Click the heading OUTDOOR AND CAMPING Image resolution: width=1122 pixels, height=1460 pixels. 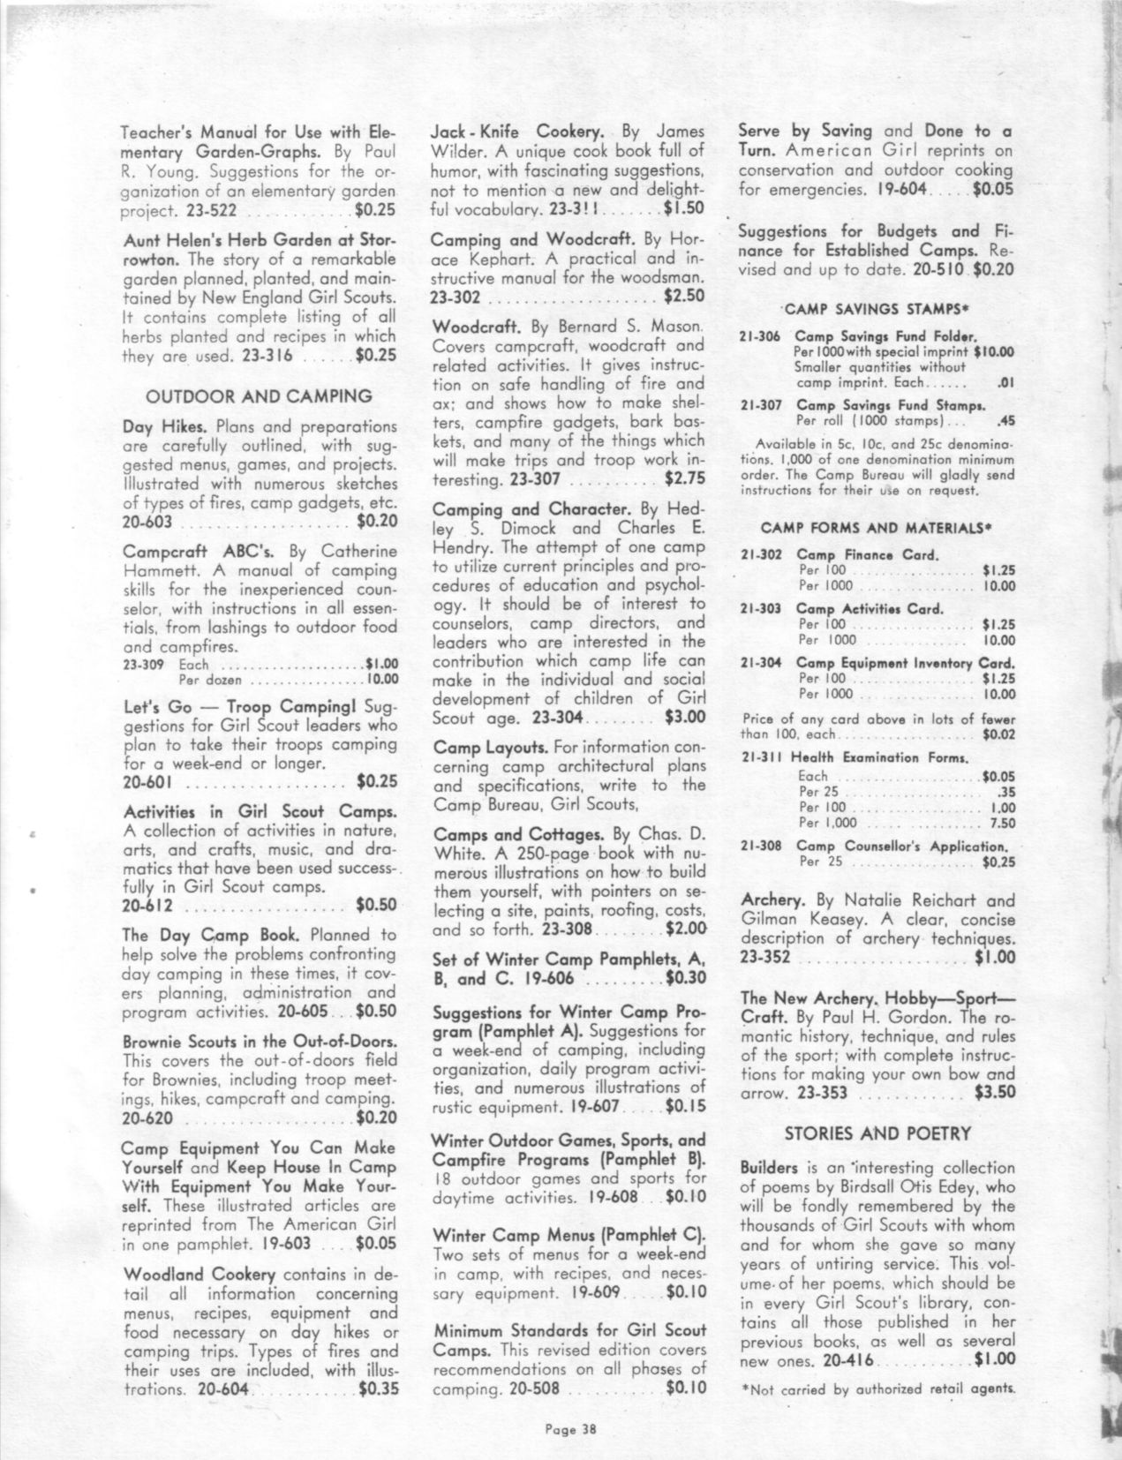pyautogui.click(x=259, y=395)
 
